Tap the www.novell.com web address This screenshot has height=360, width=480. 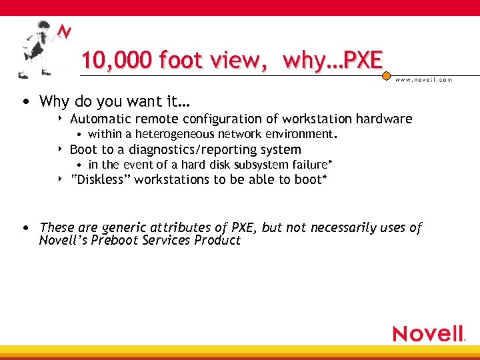coord(423,79)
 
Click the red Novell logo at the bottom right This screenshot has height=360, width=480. coord(428,333)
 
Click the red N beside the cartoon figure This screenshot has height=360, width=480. coord(64,33)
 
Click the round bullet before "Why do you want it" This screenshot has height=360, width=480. coord(25,102)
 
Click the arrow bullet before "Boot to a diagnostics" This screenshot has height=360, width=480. coord(61,149)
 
